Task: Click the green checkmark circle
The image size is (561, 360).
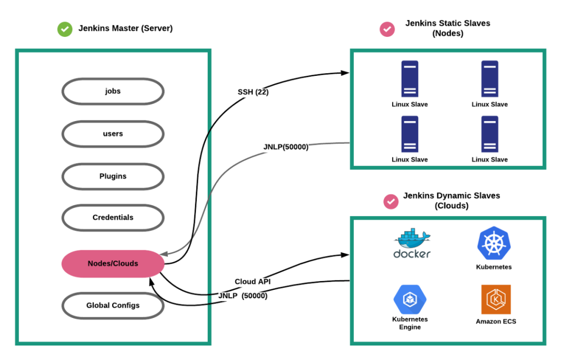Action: (65, 30)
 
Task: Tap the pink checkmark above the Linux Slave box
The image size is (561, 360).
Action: (387, 30)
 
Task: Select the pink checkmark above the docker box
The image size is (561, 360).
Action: (391, 201)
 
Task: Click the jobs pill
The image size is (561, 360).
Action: (113, 91)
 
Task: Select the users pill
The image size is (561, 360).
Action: (113, 134)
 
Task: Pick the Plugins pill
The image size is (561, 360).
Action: (113, 177)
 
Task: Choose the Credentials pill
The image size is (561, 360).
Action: (113, 218)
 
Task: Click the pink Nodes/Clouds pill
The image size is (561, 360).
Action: (113, 263)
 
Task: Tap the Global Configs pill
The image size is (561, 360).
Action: (113, 305)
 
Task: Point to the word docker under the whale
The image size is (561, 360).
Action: (412, 254)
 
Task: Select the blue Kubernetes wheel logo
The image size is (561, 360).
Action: (494, 244)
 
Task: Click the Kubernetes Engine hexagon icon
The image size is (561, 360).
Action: (410, 299)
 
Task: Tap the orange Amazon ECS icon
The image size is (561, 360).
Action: (496, 299)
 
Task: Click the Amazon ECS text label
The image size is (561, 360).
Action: (496, 322)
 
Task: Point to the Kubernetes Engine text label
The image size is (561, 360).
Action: (410, 323)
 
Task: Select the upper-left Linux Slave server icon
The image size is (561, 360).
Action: (410, 78)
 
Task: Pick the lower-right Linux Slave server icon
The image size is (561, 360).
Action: (490, 134)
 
